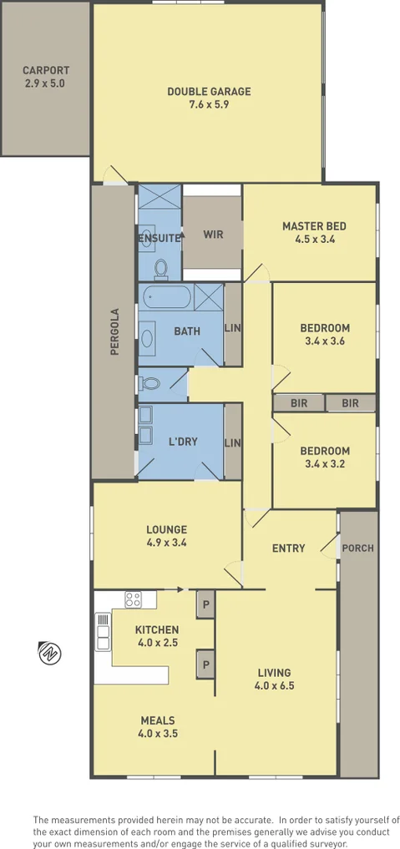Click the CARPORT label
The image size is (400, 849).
click(46, 70)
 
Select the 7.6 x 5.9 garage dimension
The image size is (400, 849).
click(208, 105)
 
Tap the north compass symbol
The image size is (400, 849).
click(48, 651)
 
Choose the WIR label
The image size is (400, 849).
click(213, 235)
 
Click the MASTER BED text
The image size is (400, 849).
click(313, 225)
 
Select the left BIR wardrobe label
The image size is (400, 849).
click(298, 403)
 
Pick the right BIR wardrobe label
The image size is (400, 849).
click(350, 403)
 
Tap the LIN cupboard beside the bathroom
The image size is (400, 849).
click(233, 328)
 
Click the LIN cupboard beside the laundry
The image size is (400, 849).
click(233, 442)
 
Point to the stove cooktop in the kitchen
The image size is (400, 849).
click(134, 599)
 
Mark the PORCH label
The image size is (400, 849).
click(358, 548)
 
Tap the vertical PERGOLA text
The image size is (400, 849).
click(115, 332)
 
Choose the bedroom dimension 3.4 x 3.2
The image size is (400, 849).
click(324, 465)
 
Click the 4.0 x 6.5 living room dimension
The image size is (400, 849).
click(274, 685)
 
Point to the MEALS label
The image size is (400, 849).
click(158, 720)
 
